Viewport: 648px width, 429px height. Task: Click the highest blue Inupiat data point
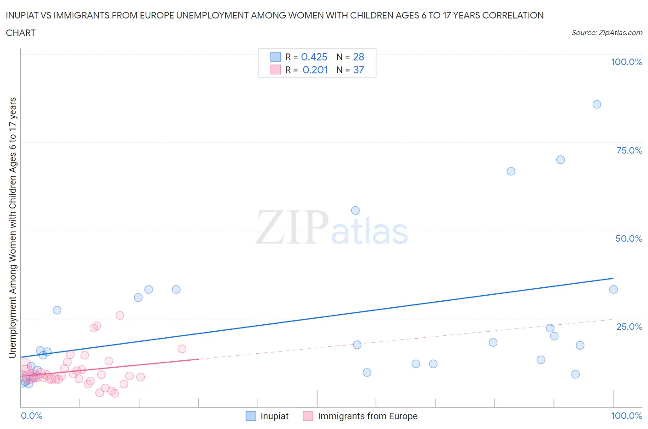596,104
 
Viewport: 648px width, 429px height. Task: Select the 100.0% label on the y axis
626,62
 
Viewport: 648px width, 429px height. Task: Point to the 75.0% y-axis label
629,150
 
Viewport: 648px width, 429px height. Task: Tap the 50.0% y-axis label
629,238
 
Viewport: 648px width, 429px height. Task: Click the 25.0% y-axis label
629,327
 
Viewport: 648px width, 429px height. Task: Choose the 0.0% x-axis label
31,416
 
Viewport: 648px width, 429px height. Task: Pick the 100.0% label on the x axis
626,416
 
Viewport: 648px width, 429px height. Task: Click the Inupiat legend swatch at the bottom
251,416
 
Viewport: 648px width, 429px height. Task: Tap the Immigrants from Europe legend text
367,416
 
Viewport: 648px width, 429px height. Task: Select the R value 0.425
314,57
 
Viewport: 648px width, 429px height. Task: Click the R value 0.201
315,70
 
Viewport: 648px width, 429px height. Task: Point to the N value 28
358,57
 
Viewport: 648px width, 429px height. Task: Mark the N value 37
358,70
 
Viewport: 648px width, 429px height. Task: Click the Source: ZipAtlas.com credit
607,32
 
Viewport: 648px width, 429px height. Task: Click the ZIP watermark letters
292,227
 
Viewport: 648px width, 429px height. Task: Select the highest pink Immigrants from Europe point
120,316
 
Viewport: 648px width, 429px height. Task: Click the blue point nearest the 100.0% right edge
613,290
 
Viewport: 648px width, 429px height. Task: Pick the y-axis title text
12,227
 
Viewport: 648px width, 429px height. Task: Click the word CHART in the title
21,33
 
